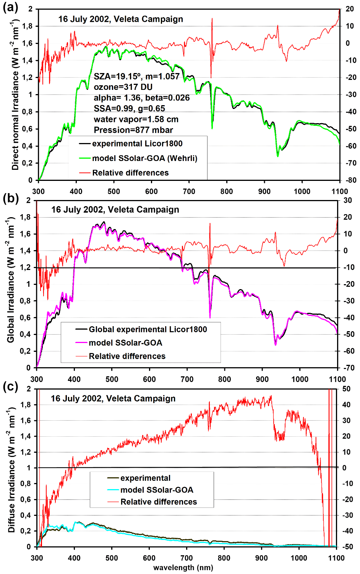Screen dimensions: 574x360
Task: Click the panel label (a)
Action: (x=10, y=8)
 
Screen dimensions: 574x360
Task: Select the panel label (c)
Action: (x=10, y=387)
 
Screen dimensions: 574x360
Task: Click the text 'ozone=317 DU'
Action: (x=123, y=87)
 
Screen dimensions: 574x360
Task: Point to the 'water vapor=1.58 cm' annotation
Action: (x=136, y=119)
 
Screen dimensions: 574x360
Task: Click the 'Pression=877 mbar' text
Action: (x=133, y=130)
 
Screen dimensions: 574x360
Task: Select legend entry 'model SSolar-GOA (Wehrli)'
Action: (x=144, y=158)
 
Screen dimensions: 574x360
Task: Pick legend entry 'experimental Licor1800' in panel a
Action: (x=137, y=144)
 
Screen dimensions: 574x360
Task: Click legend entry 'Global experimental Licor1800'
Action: (x=148, y=330)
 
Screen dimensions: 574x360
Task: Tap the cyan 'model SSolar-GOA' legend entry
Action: (x=157, y=490)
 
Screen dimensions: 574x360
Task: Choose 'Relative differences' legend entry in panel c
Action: (x=159, y=502)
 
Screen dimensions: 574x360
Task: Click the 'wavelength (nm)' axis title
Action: (x=183, y=567)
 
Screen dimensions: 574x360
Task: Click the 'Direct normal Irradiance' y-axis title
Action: (x=15, y=96)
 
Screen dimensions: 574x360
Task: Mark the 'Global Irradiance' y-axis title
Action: (x=11, y=281)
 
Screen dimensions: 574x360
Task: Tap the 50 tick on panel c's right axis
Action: (x=346, y=389)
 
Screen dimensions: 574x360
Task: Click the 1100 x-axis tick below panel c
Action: (x=336, y=558)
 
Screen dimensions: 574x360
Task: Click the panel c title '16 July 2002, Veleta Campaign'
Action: (x=113, y=398)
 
